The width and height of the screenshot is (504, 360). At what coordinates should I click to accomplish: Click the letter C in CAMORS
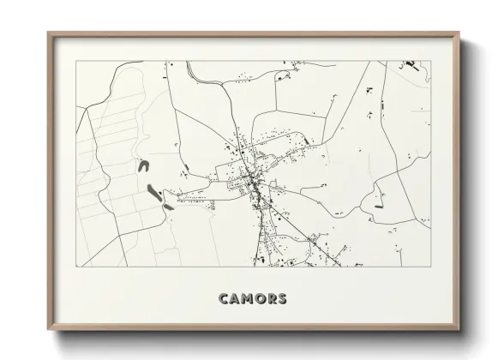[x=224, y=299]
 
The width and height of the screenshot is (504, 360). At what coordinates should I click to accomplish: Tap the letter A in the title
[x=235, y=299]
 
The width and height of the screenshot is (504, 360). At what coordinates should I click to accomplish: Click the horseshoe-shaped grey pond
[x=144, y=165]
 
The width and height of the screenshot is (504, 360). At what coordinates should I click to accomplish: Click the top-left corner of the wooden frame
[x=47, y=33]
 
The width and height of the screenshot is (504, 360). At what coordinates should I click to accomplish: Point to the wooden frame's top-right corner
[x=460, y=33]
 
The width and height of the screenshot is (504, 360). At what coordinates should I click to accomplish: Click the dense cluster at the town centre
[x=254, y=181]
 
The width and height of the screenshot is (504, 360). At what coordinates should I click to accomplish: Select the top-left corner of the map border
[x=76, y=61]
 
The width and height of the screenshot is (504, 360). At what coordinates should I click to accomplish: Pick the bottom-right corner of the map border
[x=431, y=267]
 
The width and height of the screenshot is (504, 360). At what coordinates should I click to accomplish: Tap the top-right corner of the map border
[x=431, y=61]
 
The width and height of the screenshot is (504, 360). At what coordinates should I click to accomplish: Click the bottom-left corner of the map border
[x=76, y=267]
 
